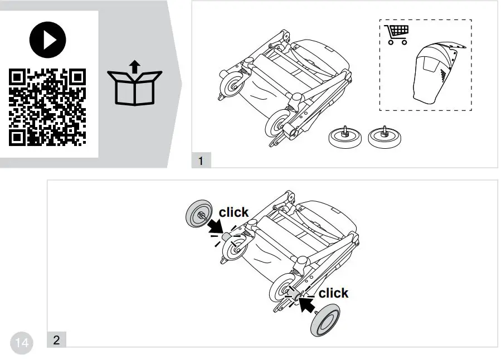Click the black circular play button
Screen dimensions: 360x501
pos(47,40)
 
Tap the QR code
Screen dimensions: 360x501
pos(47,107)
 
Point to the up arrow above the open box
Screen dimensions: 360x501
pos(134,67)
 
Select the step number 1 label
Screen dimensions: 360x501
pos(201,161)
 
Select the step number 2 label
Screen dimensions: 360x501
pos(56,340)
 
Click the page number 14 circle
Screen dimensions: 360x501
pos(22,343)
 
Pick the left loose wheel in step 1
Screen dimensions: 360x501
pos(344,138)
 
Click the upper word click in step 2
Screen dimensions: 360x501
pos(234,212)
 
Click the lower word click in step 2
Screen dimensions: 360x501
pos(333,293)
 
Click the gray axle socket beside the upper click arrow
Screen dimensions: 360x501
pos(226,237)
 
